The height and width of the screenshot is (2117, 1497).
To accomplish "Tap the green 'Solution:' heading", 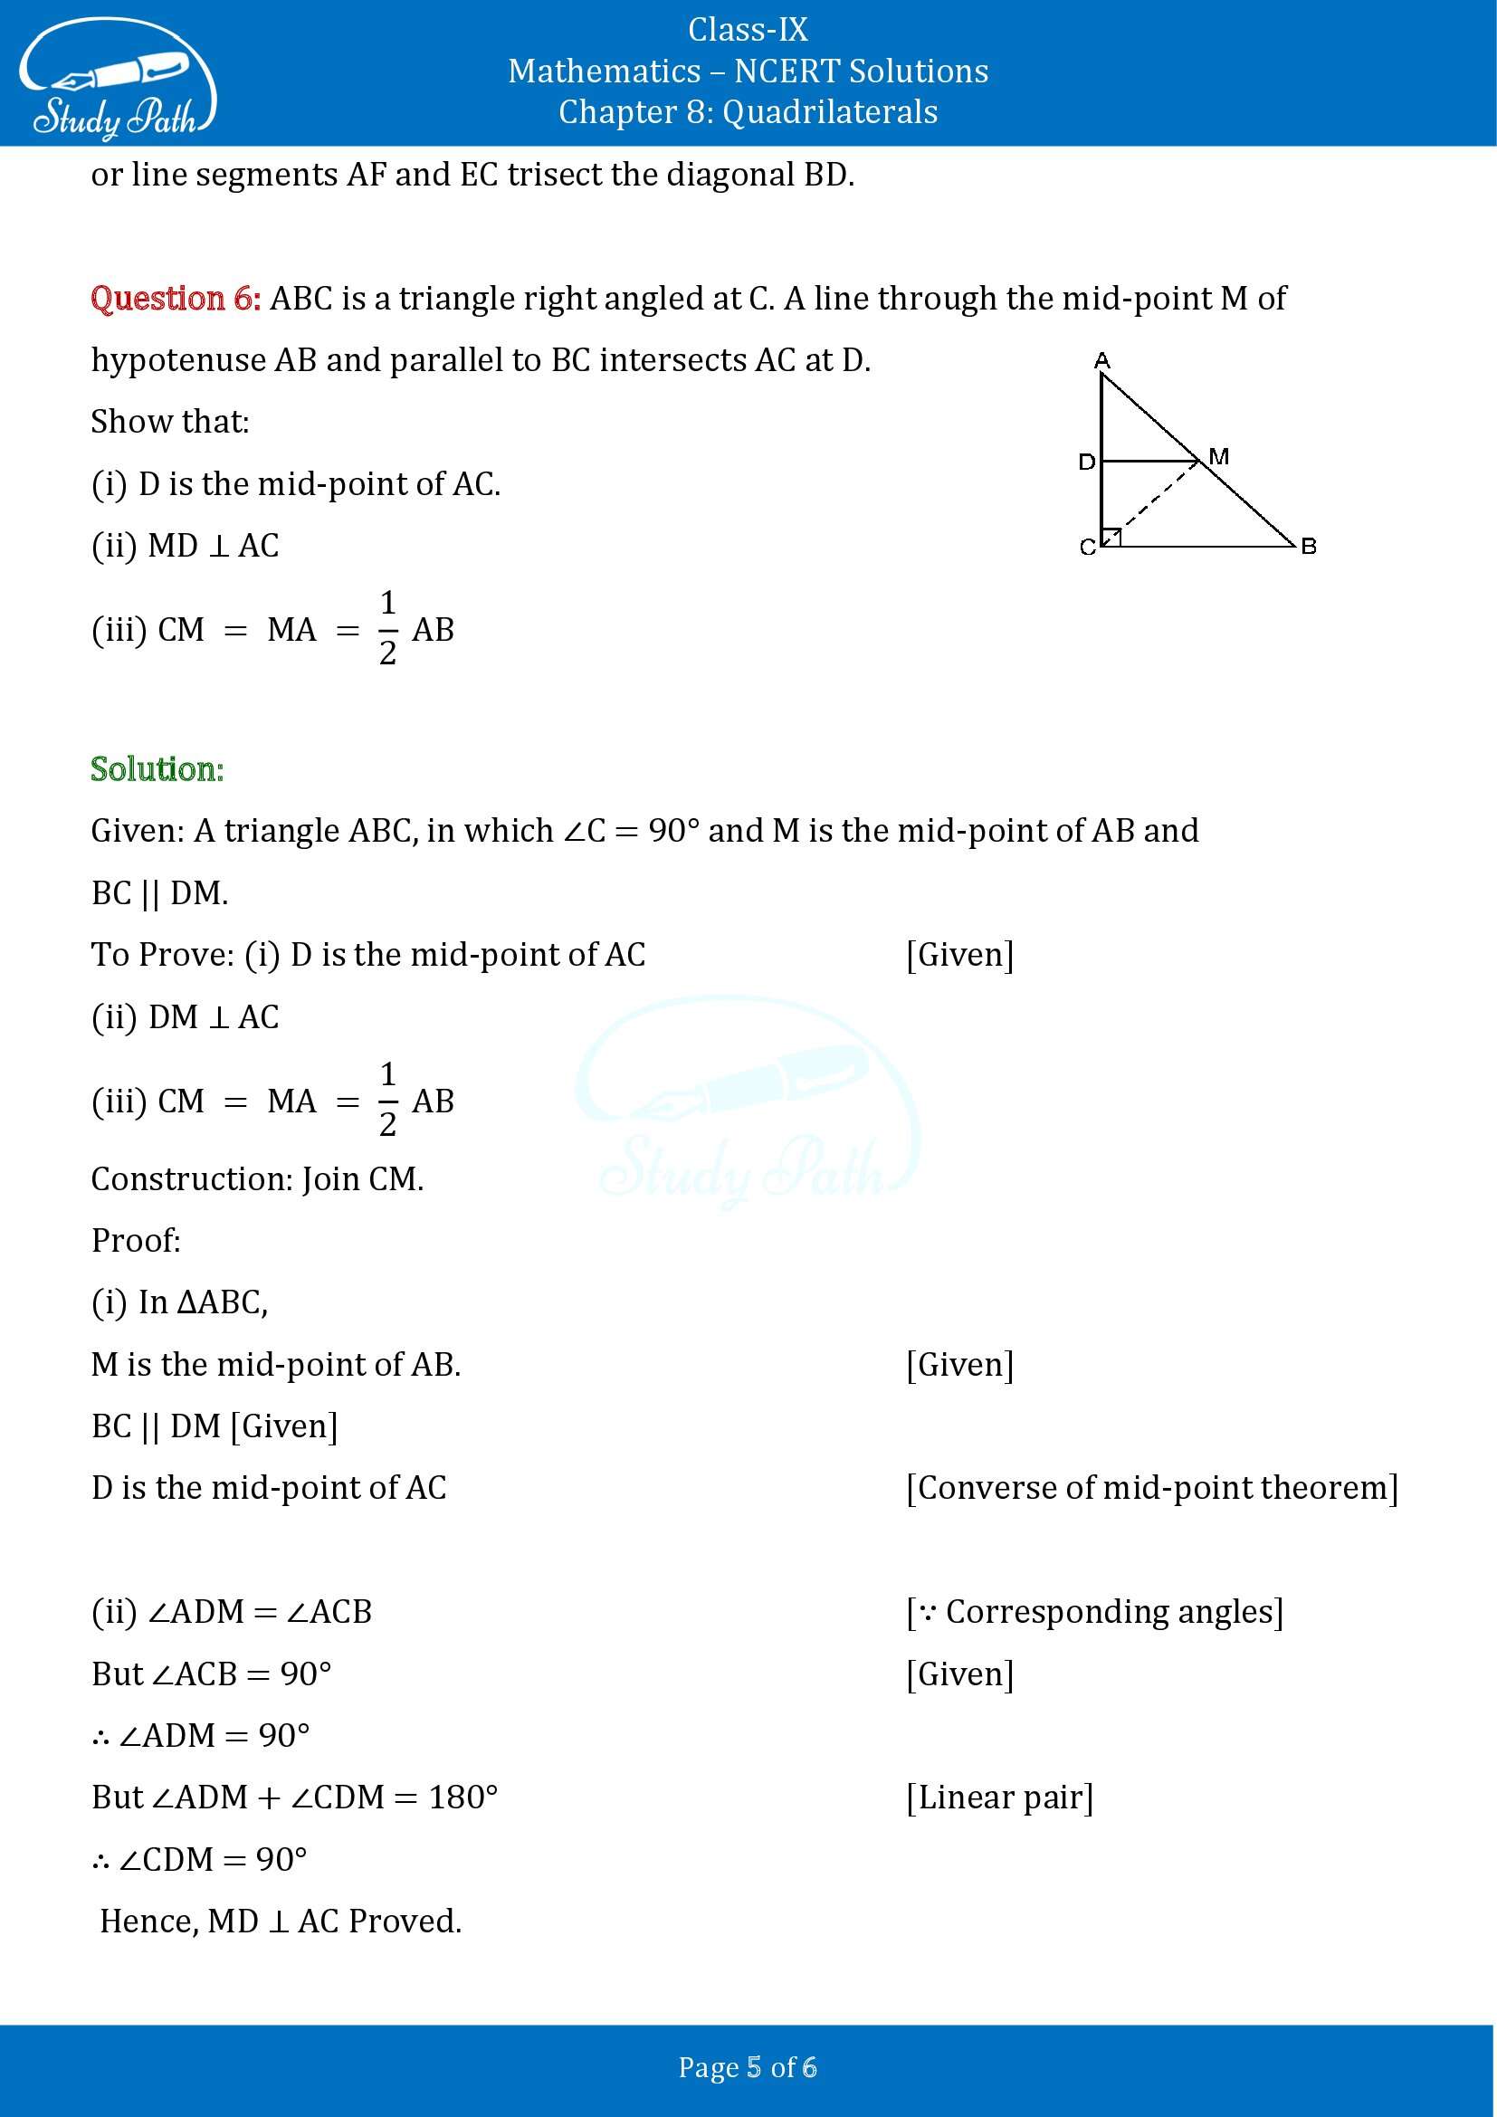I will [157, 769].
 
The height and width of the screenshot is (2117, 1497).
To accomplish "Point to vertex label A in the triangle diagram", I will [1101, 359].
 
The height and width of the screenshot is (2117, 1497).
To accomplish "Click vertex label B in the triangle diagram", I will [1308, 547].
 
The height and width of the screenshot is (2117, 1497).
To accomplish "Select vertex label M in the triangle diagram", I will [1218, 455].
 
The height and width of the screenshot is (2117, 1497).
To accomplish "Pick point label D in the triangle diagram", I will [1087, 461].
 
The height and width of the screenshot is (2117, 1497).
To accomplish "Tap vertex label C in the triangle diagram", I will [1088, 548].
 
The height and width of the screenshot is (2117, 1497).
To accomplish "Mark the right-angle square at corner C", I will [1111, 537].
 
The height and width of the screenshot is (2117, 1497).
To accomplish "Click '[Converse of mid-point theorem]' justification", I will [1152, 1487].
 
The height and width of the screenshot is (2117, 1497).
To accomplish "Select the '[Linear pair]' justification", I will [1000, 1798].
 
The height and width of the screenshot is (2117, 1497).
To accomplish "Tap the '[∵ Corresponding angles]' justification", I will [1095, 1611].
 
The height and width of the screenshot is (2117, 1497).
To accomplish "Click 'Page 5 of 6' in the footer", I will [748, 2066].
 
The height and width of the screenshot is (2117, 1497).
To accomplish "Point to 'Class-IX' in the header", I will [748, 31].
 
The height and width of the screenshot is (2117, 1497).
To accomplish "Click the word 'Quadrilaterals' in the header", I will [830, 111].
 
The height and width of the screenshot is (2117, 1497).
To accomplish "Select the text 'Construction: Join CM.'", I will [257, 1179].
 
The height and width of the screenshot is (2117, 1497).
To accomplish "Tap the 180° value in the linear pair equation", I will [462, 1798].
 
